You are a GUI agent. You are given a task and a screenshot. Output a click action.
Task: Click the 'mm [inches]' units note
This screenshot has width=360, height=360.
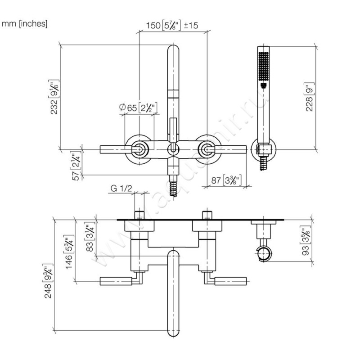pos(25,24)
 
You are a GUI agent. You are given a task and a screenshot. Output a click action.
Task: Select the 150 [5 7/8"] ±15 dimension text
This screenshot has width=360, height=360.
pos(173,26)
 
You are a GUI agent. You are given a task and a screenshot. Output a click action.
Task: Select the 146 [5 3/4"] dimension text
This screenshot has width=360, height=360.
pos(69,252)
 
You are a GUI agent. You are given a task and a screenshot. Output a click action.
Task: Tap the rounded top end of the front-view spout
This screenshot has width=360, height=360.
pos(173,52)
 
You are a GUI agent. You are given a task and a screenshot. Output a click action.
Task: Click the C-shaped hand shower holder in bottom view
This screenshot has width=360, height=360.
pos(264,253)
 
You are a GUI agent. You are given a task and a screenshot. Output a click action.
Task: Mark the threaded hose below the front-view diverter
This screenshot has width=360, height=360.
pos(172,185)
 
